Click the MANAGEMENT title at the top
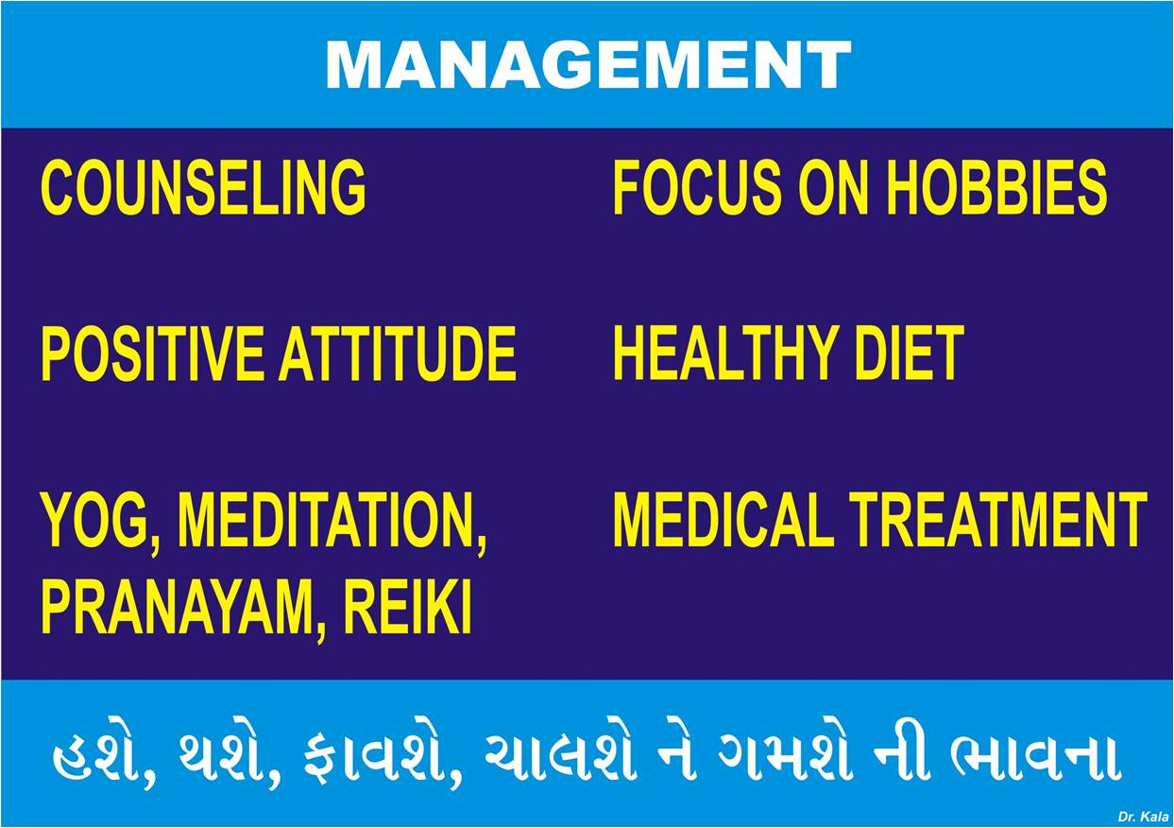pyautogui.click(x=588, y=65)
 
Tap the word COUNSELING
pyautogui.click(x=203, y=188)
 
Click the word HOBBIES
pyautogui.click(x=996, y=188)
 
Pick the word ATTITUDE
pyautogui.click(x=398, y=353)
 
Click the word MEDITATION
pyautogui.click(x=332, y=523)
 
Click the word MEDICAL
pyautogui.click(x=723, y=520)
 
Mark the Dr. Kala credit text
pyautogui.click(x=1143, y=817)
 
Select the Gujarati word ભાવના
pyautogui.click(x=1036, y=759)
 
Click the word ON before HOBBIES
pyautogui.click(x=838, y=188)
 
